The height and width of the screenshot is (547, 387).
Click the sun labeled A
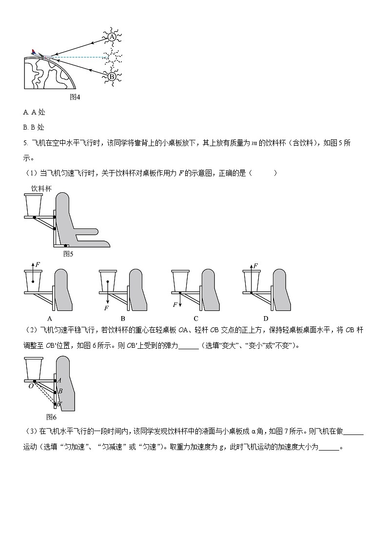point(112,37)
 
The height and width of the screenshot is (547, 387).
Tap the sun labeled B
point(112,76)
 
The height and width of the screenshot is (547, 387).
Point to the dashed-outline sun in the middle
point(112,57)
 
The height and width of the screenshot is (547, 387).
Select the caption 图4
point(75,97)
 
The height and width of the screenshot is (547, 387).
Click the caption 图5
point(68,253)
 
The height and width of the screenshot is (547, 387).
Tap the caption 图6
point(52,417)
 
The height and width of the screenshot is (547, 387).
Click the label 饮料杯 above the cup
point(41,188)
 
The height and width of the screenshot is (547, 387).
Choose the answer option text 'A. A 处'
point(34,112)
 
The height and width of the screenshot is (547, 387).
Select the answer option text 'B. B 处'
point(34,127)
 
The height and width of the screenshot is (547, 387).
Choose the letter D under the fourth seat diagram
point(267,318)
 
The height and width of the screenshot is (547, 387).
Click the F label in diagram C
point(175,304)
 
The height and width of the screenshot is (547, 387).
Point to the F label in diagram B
point(106,308)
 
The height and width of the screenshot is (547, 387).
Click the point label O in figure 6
point(30,385)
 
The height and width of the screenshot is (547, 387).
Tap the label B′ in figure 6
point(59,404)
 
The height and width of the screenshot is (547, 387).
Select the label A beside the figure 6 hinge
point(59,380)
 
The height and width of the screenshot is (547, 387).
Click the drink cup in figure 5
point(34,205)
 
